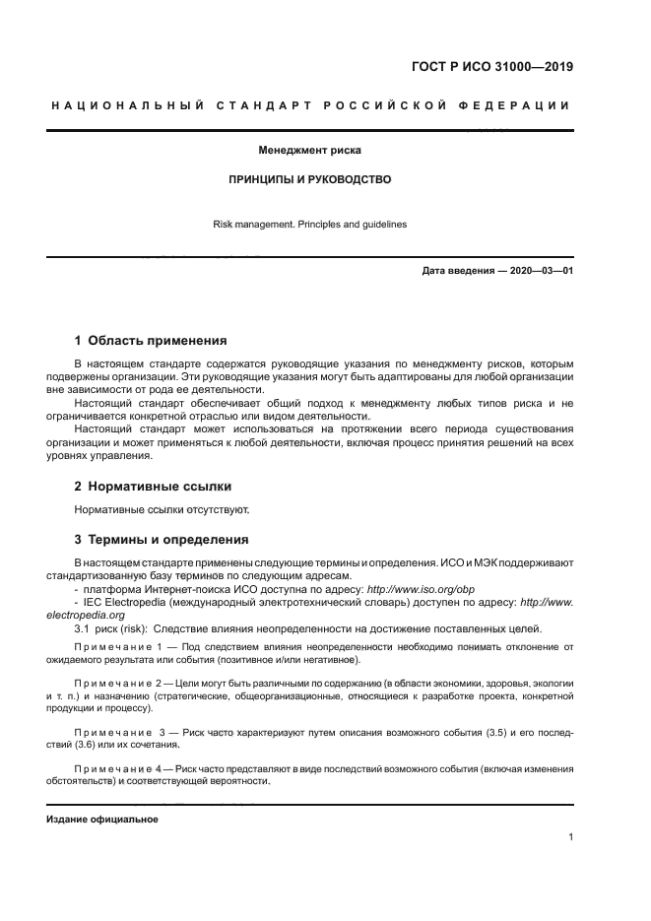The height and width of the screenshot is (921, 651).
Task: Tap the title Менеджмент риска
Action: coord(310,152)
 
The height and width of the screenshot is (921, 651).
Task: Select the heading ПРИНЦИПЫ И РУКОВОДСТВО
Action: coord(310,180)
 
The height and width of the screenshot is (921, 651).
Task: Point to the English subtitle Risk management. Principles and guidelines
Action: coord(310,225)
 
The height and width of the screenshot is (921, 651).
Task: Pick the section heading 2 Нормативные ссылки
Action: coord(154,487)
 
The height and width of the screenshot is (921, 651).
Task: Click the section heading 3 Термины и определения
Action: coord(162,540)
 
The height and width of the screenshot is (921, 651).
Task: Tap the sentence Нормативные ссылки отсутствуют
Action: coord(163,510)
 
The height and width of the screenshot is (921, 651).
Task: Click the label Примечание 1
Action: coord(121,647)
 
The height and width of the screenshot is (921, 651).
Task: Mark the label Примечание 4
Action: coord(121,768)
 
